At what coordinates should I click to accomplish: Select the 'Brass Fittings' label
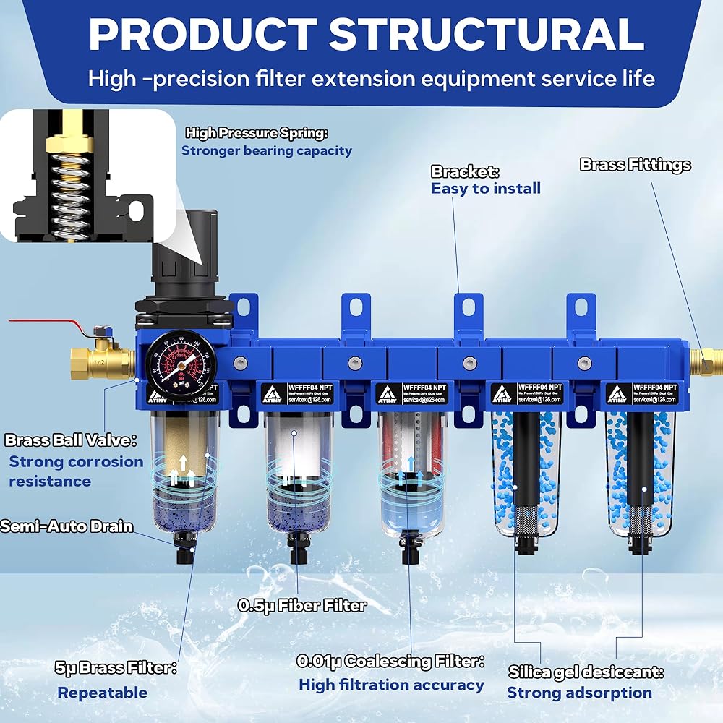635,165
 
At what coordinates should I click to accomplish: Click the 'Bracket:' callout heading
465,172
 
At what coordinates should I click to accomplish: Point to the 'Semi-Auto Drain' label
67,526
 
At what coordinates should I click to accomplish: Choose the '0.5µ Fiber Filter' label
302,605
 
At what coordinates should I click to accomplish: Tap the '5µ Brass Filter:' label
116,668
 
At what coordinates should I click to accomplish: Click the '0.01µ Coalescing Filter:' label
390,661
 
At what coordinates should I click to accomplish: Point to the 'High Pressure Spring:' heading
257,133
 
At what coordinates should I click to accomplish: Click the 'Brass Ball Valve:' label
71,440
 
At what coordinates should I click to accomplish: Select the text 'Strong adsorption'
579,693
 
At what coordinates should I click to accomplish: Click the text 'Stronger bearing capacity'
266,150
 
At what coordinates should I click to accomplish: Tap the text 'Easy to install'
485,189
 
